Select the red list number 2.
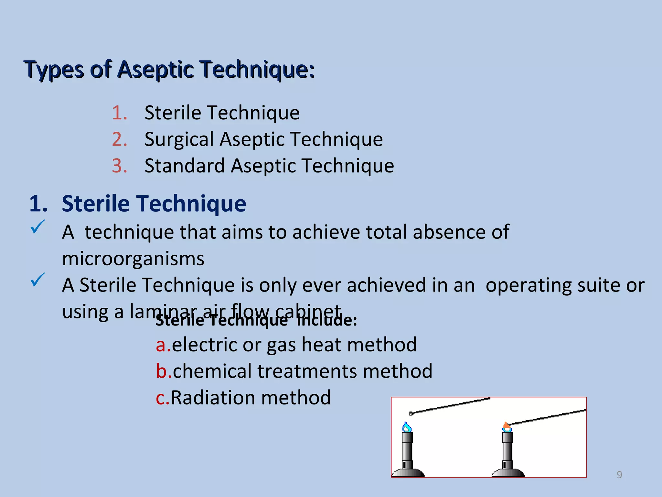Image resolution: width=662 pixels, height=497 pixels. click(x=119, y=139)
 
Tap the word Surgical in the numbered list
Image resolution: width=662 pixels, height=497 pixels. click(x=179, y=139)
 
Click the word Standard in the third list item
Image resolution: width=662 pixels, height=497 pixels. click(x=184, y=166)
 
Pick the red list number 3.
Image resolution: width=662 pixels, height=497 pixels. click(x=119, y=166)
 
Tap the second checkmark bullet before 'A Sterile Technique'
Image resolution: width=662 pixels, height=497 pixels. click(x=37, y=280)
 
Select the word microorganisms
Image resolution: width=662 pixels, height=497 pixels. click(x=133, y=259)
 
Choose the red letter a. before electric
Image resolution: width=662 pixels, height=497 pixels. click(x=163, y=345)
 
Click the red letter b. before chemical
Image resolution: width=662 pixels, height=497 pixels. click(x=163, y=371)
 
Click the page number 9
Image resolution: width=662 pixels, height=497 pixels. click(x=619, y=475)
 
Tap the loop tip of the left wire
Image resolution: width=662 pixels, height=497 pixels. click(x=411, y=414)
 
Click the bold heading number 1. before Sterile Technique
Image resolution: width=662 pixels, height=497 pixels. click(x=38, y=204)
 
